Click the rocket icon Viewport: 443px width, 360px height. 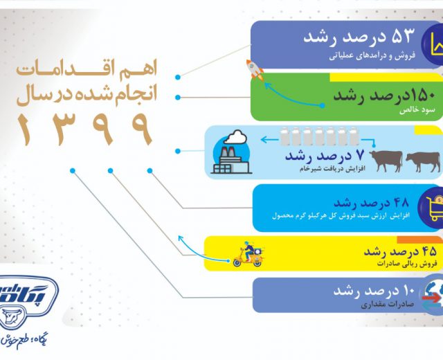(x=255, y=69)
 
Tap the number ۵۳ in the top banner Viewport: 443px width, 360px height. (x=403, y=36)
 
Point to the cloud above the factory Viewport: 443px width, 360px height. (x=235, y=137)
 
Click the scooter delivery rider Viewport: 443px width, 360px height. (x=248, y=254)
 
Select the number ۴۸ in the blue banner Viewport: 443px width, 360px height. (x=399, y=202)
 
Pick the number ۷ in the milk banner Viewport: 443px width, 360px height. (x=360, y=155)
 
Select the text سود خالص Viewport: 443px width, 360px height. (x=417, y=111)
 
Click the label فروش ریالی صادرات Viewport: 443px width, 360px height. (x=406, y=264)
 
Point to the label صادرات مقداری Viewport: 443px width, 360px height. (x=388, y=305)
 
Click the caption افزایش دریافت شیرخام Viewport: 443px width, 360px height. (x=332, y=169)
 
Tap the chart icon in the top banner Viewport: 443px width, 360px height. (x=435, y=44)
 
